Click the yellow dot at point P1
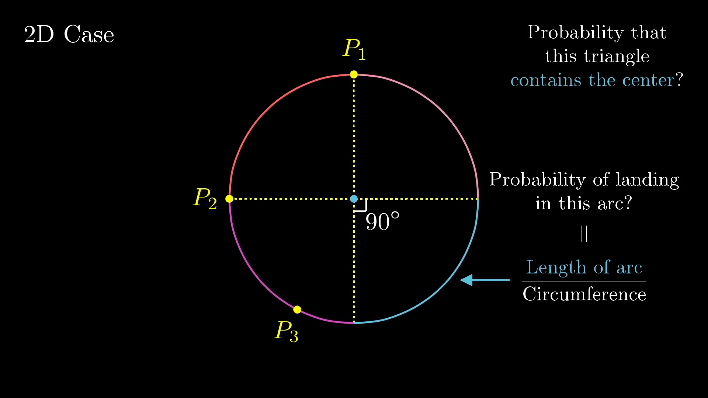tap(354, 74)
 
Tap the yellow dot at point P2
tap(229, 199)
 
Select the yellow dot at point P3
tap(297, 310)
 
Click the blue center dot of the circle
tap(354, 199)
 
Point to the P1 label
tap(354, 49)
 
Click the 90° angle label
tap(382, 221)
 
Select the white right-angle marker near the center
tap(361, 205)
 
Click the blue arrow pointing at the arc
tap(485, 280)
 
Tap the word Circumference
tap(584, 294)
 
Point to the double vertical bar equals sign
tap(584, 234)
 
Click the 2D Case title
tap(69, 34)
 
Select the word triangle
tap(617, 57)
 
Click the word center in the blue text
tap(648, 80)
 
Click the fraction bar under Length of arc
tap(584, 282)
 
